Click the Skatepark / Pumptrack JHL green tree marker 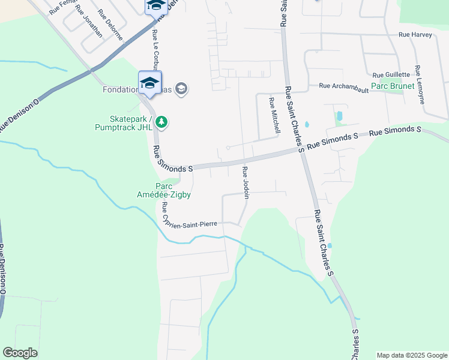point(161,122)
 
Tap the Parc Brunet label point(393,86)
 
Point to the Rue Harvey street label point(415,35)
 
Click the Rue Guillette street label point(391,75)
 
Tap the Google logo point(20,353)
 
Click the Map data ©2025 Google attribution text point(411,355)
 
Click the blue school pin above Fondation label point(149,83)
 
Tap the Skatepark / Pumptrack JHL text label point(124,122)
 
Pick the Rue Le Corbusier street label point(156,50)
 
